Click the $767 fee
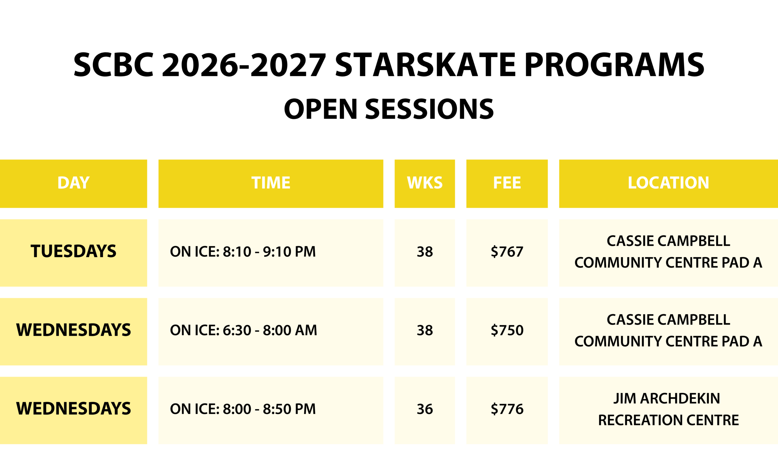[x=507, y=252]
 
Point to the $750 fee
[x=507, y=330]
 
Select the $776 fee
[x=507, y=409]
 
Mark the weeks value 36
[x=425, y=409]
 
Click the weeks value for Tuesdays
[x=425, y=252]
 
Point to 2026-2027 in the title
[x=244, y=65]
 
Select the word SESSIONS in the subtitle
[x=429, y=109]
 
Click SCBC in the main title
[x=114, y=65]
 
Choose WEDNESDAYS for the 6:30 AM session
[x=74, y=330]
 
